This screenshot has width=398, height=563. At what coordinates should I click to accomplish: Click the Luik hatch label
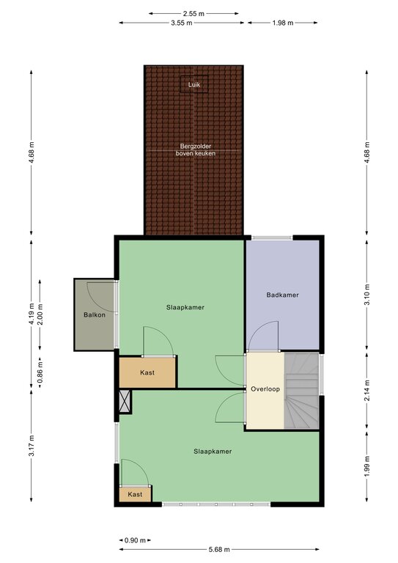point(194,85)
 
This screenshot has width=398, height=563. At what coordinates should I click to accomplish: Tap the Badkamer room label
point(282,295)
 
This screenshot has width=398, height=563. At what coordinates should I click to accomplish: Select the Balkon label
point(95,315)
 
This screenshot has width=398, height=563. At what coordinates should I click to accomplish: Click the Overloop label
point(265,389)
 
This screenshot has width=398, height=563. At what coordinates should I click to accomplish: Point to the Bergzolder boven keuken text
point(196,150)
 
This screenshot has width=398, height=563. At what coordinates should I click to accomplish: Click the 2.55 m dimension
point(194,14)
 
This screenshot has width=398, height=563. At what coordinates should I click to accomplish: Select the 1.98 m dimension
point(283,23)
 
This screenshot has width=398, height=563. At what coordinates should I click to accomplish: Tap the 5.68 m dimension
point(219,549)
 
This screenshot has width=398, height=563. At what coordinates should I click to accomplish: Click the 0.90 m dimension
point(135,540)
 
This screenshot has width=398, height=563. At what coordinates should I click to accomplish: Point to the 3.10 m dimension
point(366,295)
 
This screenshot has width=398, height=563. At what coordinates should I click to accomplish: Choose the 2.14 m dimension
point(366,389)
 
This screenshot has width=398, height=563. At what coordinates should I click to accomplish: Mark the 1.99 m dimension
point(366,466)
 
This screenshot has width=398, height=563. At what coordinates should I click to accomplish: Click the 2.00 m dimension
point(40,314)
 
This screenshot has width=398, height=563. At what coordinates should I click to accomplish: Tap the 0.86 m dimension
point(40,372)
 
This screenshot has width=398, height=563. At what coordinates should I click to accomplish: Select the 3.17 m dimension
point(32,446)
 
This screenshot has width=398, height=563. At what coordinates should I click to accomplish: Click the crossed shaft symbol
point(125,402)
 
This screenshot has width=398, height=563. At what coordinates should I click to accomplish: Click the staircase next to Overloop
point(301,390)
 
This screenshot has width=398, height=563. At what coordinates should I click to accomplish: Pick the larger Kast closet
point(147,372)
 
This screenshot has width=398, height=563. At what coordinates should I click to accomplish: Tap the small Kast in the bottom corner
point(136,494)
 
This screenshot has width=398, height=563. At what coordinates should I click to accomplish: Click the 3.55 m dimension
point(182,23)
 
